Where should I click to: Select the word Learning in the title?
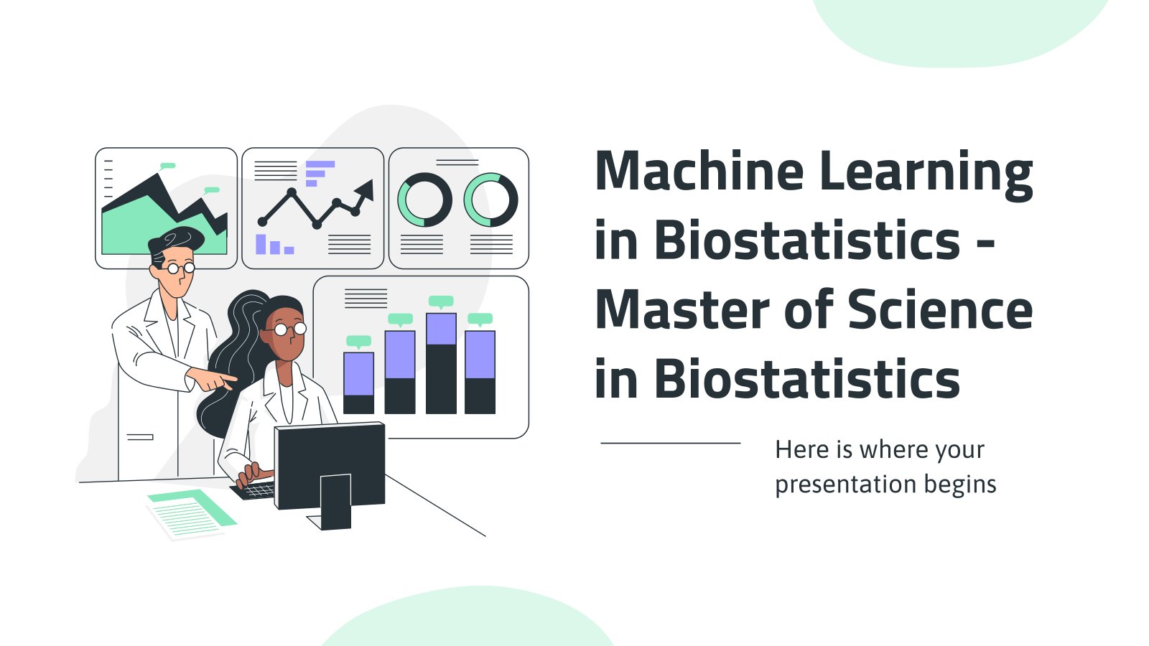tap(926, 175)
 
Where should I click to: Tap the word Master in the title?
tap(683, 309)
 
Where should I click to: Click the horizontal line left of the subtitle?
tap(671, 443)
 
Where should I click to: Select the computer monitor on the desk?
tap(330, 474)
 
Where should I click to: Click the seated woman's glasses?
tap(289, 329)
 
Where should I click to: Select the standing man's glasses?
tap(180, 268)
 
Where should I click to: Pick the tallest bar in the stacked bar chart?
tap(441, 363)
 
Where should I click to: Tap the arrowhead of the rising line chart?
tap(365, 190)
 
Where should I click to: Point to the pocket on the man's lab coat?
tap(140, 437)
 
